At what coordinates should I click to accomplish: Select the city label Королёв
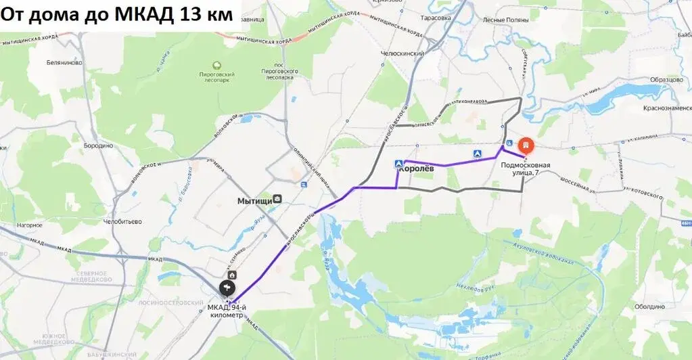(x=416, y=169)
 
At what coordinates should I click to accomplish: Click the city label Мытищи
(x=255, y=200)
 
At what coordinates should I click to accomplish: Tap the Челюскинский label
(x=402, y=53)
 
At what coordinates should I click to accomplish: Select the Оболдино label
(x=649, y=306)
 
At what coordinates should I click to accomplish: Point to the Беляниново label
(x=65, y=62)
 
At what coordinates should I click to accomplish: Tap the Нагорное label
(x=30, y=225)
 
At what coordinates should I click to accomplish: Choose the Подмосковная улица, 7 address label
(x=526, y=168)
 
